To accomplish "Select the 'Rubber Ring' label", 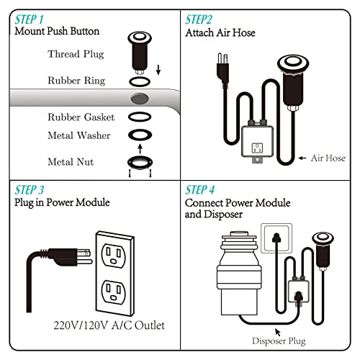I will coord(76,81).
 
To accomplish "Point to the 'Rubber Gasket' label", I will coord(78,117).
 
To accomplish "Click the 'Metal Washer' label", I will coord(78,135).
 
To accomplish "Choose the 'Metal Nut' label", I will coord(71,162).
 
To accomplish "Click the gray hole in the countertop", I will coord(140,98).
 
